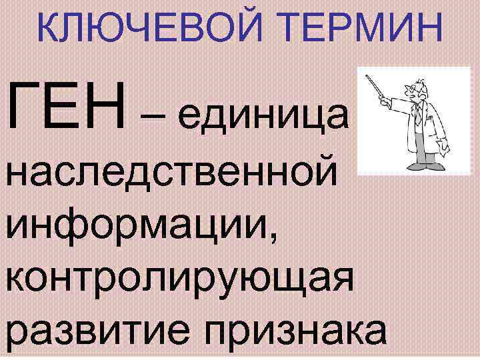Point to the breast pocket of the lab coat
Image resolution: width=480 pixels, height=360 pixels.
[x=427, y=120]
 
